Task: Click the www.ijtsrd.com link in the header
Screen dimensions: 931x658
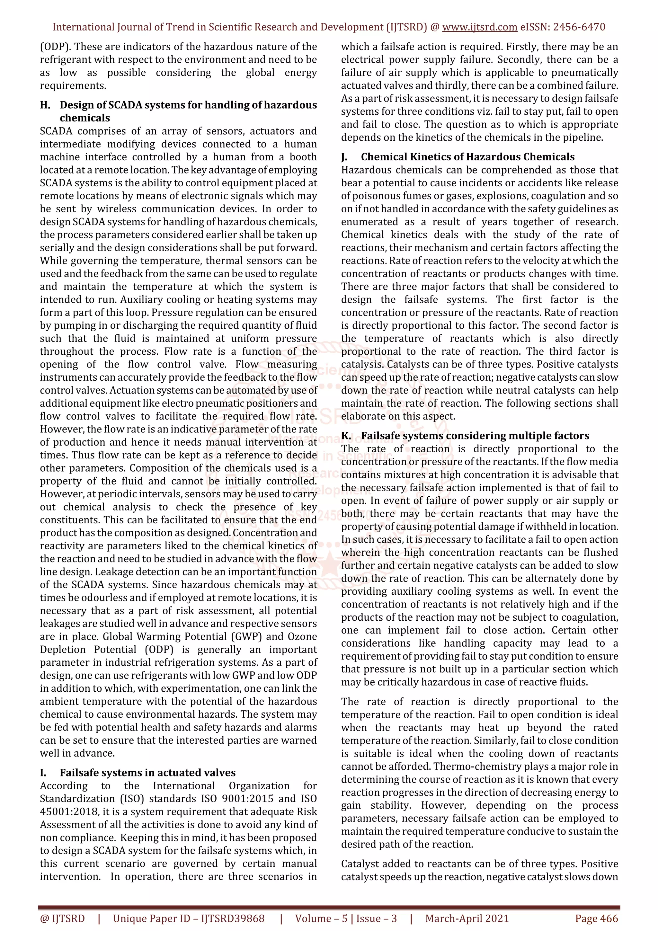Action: (480, 27)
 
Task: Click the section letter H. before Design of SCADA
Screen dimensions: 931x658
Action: (45, 105)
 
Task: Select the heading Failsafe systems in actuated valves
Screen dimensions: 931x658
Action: (147, 773)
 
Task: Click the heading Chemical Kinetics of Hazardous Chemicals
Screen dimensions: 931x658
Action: (468, 157)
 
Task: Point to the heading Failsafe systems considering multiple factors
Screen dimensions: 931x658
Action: (475, 436)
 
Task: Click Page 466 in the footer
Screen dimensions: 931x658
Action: (596, 918)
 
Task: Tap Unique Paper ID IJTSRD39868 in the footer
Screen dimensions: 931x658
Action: (189, 918)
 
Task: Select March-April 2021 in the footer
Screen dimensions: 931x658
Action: (467, 918)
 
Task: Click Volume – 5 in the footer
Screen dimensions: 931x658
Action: (321, 918)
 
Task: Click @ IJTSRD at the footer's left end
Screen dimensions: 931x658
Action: (62, 918)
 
